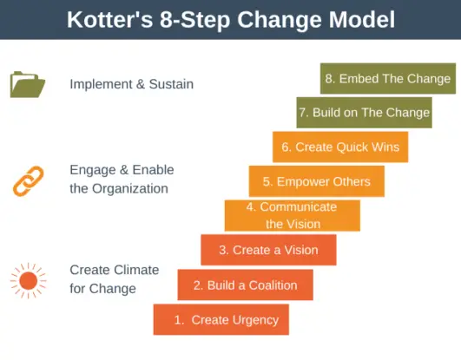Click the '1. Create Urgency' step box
point(221,319)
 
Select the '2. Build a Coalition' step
point(245,285)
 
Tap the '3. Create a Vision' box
point(268,250)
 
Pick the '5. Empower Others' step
point(316,181)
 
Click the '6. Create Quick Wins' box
point(339,147)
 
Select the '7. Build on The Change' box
point(364,112)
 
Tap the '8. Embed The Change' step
point(387,78)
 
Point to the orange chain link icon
point(28,180)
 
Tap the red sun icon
point(28,279)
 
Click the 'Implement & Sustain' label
point(131,84)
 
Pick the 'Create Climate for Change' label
point(114,278)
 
